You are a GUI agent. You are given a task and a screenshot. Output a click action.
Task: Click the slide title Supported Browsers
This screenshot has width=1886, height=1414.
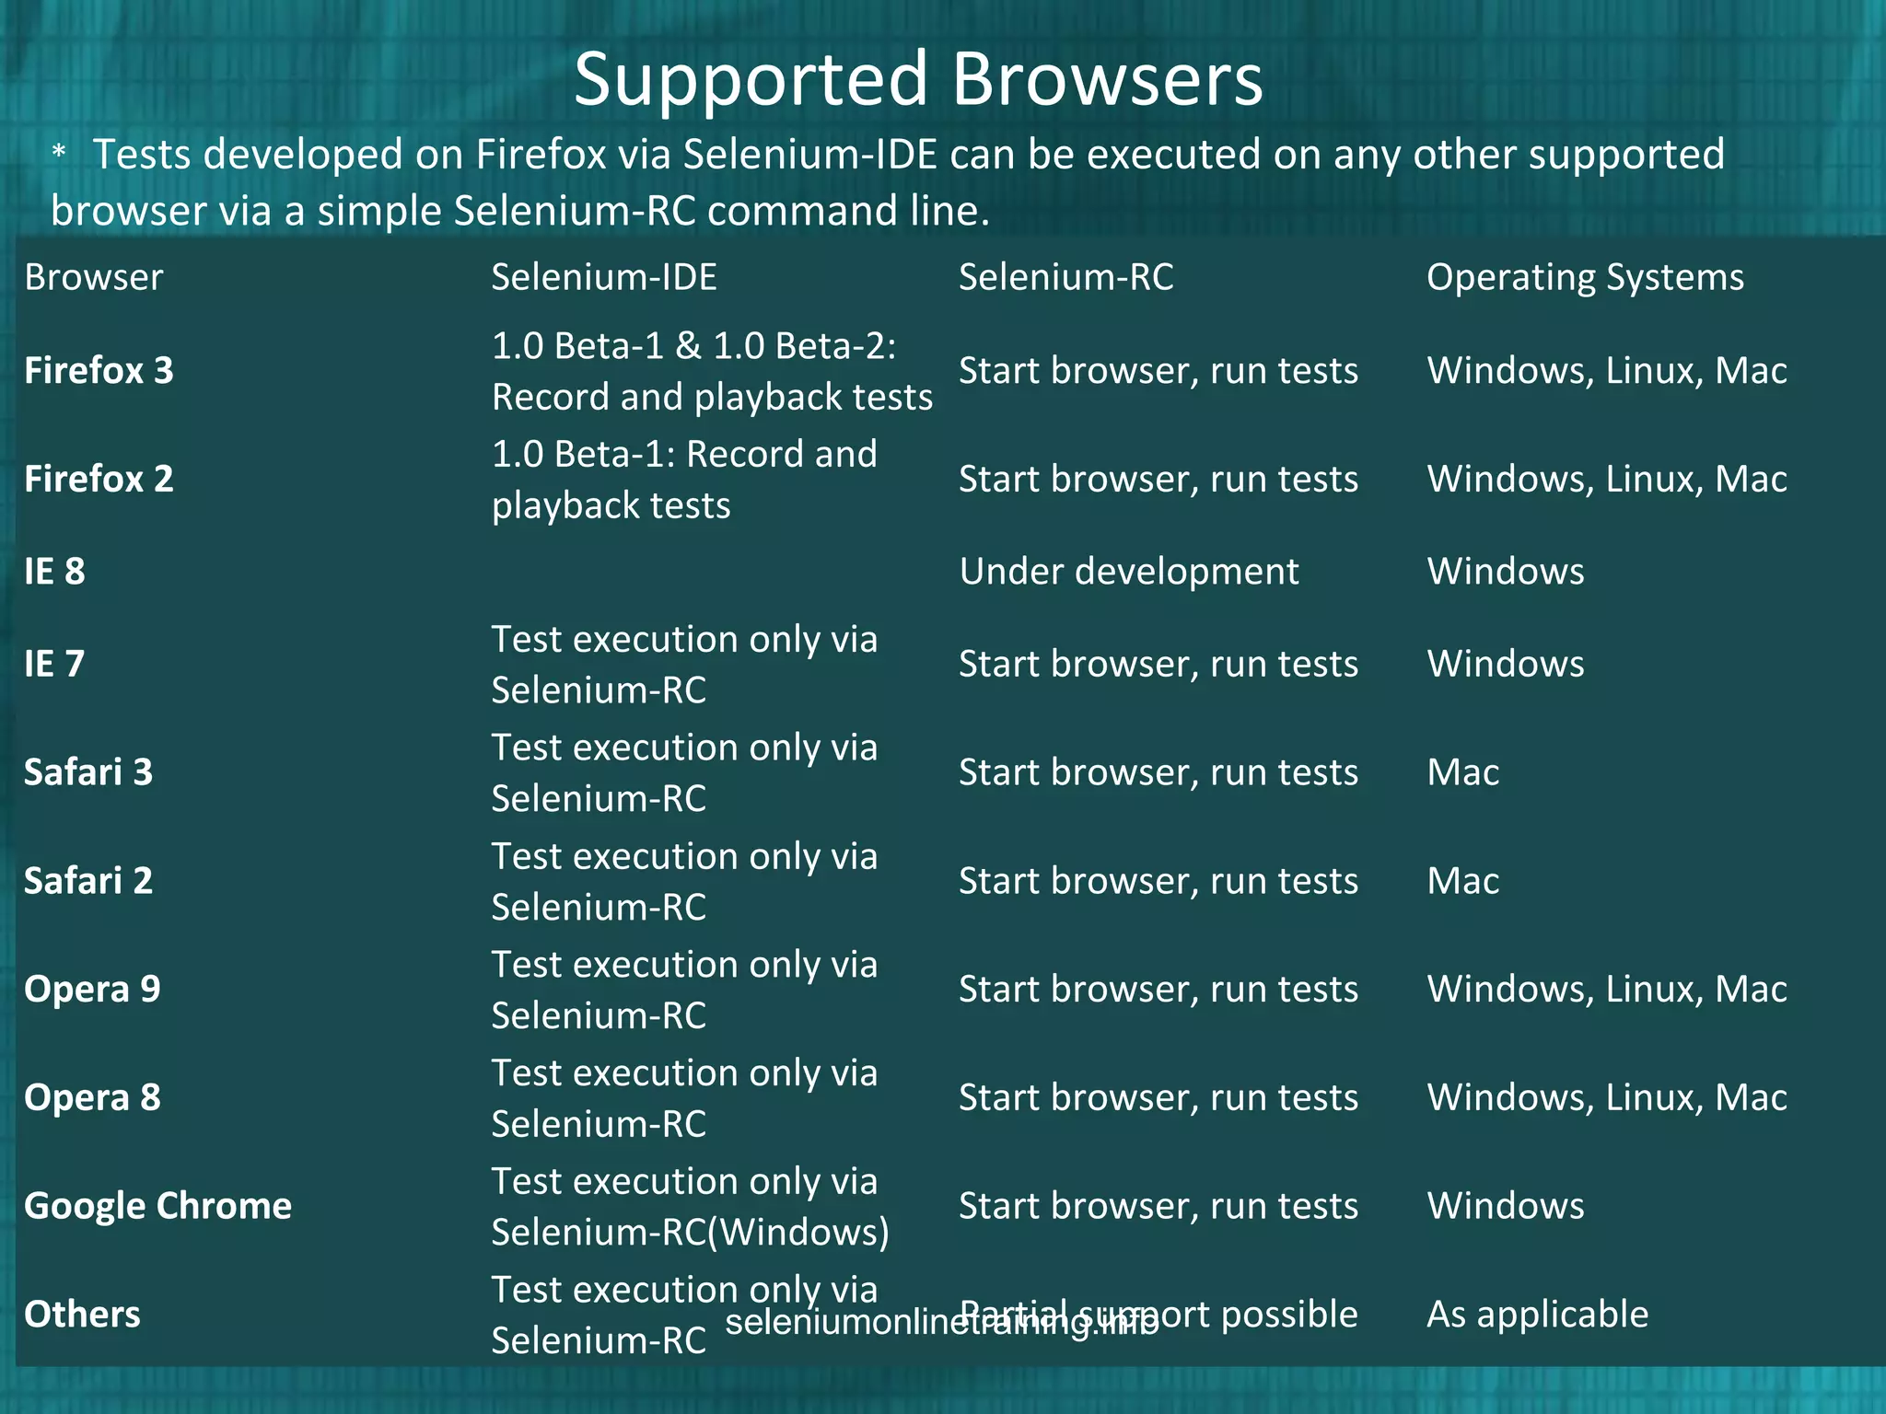(x=918, y=79)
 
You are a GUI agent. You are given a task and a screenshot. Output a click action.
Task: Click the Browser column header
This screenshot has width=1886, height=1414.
(x=93, y=277)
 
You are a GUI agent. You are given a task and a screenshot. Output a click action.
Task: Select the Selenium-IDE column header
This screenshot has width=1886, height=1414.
(x=603, y=277)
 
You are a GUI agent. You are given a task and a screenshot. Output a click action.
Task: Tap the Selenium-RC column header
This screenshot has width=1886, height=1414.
(x=1065, y=277)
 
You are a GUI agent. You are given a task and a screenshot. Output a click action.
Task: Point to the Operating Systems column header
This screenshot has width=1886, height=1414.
(x=1584, y=277)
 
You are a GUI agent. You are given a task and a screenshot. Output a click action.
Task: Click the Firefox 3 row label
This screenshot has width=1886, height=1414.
(x=99, y=371)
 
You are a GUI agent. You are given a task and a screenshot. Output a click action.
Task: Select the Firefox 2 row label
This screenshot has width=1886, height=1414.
(x=99, y=479)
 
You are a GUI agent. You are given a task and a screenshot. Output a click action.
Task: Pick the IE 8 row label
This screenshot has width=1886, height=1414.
(x=54, y=572)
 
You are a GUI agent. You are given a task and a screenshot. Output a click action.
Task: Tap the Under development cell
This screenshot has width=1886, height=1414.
(x=1128, y=572)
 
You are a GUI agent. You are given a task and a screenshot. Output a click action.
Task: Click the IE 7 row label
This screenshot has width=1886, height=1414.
(x=54, y=664)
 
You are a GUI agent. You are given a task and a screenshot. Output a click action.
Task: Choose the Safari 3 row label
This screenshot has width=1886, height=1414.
(x=88, y=772)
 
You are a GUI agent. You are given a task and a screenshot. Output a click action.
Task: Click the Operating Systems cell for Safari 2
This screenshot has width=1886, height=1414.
(x=1462, y=881)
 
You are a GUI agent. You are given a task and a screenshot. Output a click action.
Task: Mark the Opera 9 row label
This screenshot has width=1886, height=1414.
(x=92, y=990)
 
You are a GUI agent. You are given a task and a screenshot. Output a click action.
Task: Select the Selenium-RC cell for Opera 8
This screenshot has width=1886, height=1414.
(x=1158, y=1097)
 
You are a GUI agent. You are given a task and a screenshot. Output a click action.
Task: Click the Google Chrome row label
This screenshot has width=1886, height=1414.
(x=157, y=1206)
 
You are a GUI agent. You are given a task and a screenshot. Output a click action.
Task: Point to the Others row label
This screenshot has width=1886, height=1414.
(x=82, y=1315)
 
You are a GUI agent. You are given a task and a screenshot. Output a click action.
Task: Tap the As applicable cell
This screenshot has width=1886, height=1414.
(x=1537, y=1315)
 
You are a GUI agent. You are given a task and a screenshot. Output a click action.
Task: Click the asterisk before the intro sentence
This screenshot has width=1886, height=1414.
(x=59, y=153)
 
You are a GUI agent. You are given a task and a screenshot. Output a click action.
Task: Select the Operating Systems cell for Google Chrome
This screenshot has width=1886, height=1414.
(x=1505, y=1206)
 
